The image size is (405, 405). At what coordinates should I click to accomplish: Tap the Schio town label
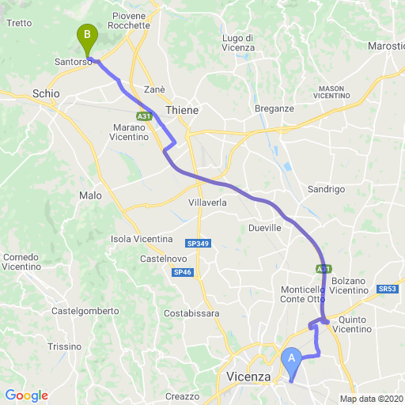tap(46, 94)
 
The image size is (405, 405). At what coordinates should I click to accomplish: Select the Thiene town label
tap(182, 110)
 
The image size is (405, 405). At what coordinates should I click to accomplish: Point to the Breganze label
tap(274, 108)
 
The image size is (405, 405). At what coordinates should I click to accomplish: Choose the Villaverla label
tap(208, 202)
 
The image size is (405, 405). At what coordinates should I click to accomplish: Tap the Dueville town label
tap(265, 228)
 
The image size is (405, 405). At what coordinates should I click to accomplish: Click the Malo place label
tap(90, 195)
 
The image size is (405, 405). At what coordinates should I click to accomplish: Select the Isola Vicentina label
tap(142, 239)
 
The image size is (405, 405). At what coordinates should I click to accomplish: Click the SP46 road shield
tap(182, 272)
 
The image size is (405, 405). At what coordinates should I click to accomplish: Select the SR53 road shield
tap(388, 289)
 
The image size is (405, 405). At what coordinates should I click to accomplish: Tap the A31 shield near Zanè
tap(143, 116)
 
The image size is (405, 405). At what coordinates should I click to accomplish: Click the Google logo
tap(26, 396)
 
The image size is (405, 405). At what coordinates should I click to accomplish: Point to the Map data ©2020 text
tap(372, 399)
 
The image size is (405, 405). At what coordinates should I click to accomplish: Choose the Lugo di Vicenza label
tap(238, 43)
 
